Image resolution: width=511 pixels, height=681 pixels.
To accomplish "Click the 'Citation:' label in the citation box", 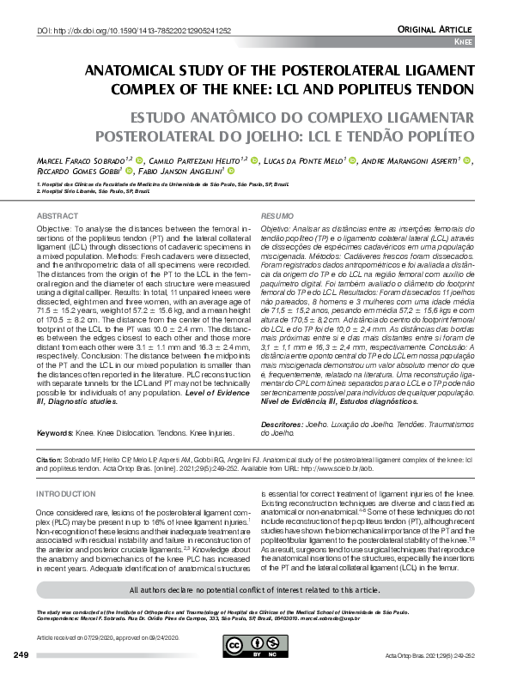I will pyautogui.click(x=50, y=460).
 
